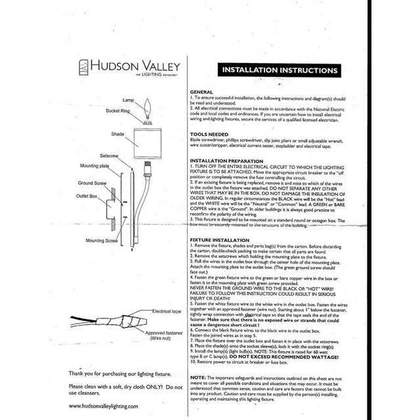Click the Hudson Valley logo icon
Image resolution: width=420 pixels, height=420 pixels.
click(83, 68)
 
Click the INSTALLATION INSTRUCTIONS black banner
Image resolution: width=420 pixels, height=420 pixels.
click(280, 70)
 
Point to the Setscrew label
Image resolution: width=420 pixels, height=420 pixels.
click(109, 156)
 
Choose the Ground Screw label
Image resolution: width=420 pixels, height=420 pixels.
click(93, 183)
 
